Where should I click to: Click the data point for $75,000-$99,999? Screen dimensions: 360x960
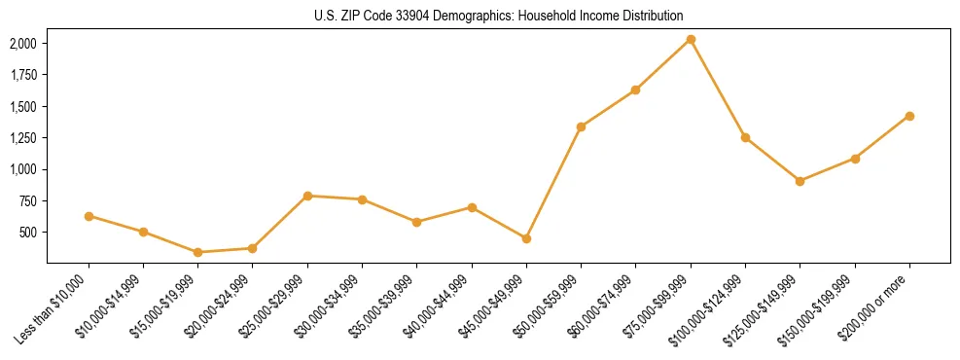tap(691, 39)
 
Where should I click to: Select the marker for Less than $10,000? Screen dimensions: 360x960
tap(89, 216)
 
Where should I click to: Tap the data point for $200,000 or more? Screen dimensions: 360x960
tap(909, 116)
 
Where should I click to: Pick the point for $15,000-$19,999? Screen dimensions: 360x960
tap(197, 252)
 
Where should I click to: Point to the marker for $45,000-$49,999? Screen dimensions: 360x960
tap(526, 238)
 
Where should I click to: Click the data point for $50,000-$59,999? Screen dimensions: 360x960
tap(581, 126)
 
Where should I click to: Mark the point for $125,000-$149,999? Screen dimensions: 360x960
tap(800, 181)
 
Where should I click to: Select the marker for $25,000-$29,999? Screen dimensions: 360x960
tap(307, 196)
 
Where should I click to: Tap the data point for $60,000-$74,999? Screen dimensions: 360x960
tap(635, 90)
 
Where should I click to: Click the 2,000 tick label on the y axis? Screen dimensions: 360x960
tap(23, 44)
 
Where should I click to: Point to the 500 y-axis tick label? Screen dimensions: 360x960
tap(28, 233)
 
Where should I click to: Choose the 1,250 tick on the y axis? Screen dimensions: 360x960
tap(23, 138)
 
